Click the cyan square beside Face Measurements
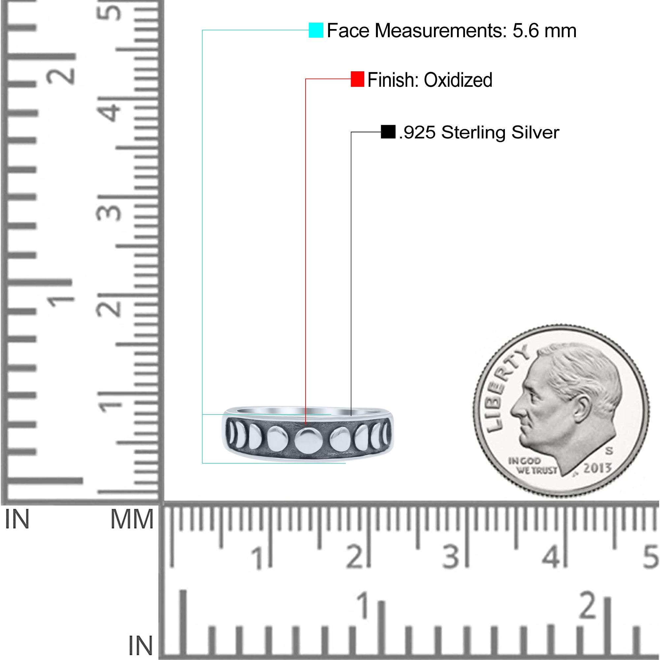pos(316,30)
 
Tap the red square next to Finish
pos(357,79)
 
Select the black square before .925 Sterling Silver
pos(388,132)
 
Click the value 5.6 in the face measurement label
pos(525,31)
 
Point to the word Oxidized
pos(458,80)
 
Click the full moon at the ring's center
pos(308,440)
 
